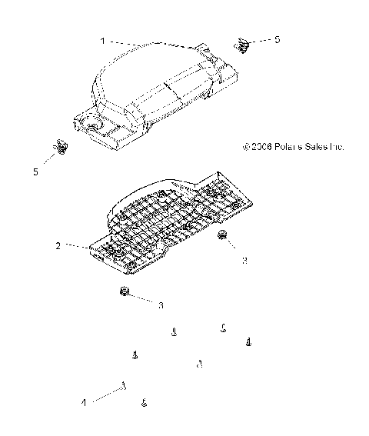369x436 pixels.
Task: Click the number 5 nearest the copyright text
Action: [x=278, y=38]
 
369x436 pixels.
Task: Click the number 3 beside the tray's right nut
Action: [x=244, y=261]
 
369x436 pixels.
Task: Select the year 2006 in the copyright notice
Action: [x=259, y=145]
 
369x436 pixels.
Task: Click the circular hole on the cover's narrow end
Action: [x=95, y=125]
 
